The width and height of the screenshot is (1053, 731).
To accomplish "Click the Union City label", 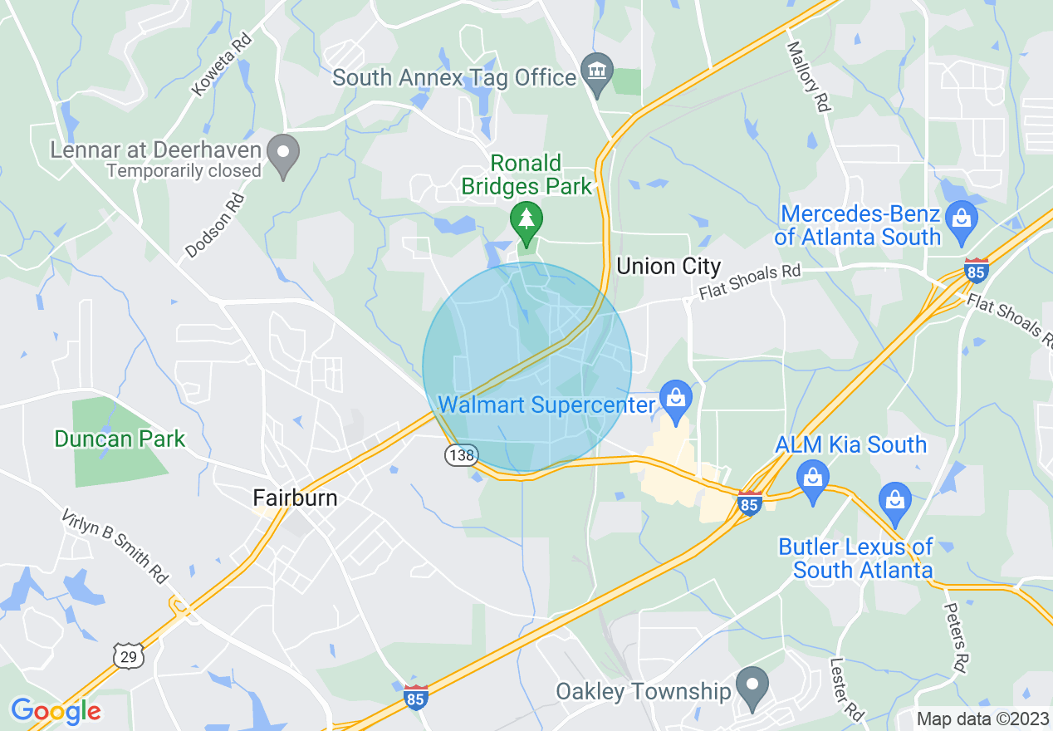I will (x=669, y=267).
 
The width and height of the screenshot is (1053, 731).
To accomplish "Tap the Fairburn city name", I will (x=295, y=498).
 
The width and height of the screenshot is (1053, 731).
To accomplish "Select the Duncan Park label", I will (x=120, y=439).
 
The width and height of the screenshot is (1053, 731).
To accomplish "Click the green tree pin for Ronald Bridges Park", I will (x=526, y=219).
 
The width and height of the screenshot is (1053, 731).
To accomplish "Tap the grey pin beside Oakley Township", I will (x=752, y=688).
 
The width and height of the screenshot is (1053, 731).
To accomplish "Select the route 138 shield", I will (x=459, y=455).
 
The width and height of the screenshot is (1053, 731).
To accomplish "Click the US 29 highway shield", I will (x=130, y=655).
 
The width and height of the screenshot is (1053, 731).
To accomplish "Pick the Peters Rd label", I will (x=955, y=638).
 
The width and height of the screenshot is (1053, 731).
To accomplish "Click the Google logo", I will (x=56, y=711).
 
